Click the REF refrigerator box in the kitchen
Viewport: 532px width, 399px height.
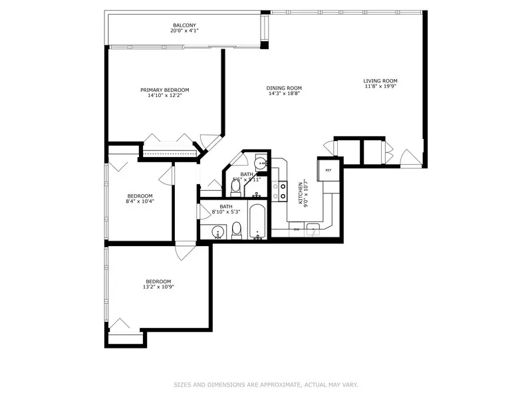point(328,170)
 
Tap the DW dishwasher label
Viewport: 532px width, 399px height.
point(297,229)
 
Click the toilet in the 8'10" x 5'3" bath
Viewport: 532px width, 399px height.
point(236,231)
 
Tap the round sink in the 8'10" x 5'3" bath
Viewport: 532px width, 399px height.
point(217,232)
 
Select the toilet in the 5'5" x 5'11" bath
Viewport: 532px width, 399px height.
point(235,188)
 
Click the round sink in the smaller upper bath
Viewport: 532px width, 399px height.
point(260,162)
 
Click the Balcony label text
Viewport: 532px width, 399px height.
point(184,25)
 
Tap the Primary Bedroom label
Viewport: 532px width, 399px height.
point(164,90)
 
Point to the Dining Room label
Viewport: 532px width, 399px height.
point(284,88)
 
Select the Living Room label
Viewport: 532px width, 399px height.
point(380,80)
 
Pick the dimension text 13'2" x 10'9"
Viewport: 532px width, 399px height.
point(158,287)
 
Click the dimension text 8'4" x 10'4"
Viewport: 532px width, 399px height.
point(140,201)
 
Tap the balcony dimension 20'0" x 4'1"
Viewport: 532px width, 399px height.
point(184,31)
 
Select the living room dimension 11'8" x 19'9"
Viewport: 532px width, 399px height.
point(380,86)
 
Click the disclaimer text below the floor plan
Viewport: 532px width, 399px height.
point(266,384)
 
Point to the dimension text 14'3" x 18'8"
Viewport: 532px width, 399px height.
point(284,93)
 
